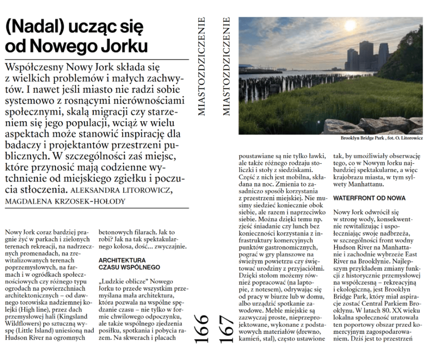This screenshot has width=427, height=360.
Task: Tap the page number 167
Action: coord(227,329)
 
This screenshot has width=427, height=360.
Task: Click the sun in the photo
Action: coord(349,26)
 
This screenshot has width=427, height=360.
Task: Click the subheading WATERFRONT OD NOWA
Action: coord(363,197)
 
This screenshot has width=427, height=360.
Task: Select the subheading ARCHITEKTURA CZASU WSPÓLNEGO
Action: coord(129,264)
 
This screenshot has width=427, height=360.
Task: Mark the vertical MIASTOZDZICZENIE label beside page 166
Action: coord(201,66)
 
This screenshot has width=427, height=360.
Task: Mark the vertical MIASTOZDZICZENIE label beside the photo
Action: coord(227,66)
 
